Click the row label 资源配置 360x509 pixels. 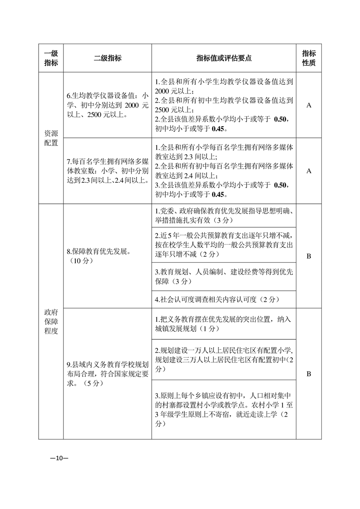pos(51,138)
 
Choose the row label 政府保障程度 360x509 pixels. pos(51,321)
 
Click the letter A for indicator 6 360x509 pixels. pos(309,105)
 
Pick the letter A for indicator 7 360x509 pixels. pos(309,171)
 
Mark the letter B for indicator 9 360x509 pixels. pos(309,374)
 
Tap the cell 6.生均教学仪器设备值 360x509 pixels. pos(108,105)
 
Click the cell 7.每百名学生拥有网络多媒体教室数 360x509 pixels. pos(108,171)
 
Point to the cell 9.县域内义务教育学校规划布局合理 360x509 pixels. pos(108,374)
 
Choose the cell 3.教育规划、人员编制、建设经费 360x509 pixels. pos(224,277)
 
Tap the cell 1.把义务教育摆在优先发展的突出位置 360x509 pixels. pos(224,324)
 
